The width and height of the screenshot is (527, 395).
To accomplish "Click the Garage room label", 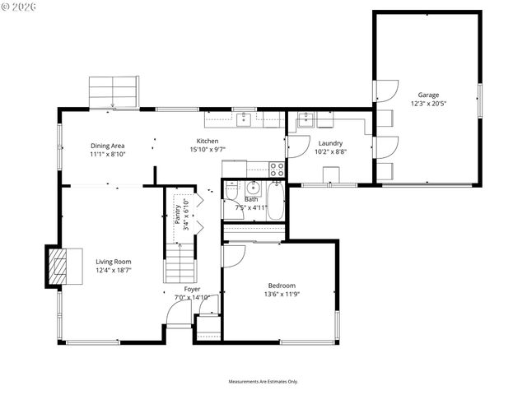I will coord(427,95).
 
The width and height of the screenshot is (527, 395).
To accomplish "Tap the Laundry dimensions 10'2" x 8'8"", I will coord(330,151).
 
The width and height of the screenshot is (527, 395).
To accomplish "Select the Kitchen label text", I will coord(207,141).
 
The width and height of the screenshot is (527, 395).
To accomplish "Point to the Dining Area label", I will coord(107,146).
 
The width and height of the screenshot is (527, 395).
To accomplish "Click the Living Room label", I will coord(113,261).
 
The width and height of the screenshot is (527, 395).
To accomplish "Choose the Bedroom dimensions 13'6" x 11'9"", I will coord(282,294).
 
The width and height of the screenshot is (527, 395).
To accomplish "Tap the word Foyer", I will coord(192,289).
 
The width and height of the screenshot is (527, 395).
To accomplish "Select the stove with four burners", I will coord(277,170).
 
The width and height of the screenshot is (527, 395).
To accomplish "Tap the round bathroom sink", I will coord(253,187).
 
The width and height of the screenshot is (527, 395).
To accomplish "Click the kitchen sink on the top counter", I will coord(245,119).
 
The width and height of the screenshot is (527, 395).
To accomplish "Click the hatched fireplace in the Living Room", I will coord(57,267).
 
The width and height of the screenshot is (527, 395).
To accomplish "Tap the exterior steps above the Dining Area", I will coord(114,91).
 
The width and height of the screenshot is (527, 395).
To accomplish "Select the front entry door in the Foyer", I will coord(178,314).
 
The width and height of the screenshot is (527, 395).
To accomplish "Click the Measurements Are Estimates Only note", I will coord(263,381).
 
